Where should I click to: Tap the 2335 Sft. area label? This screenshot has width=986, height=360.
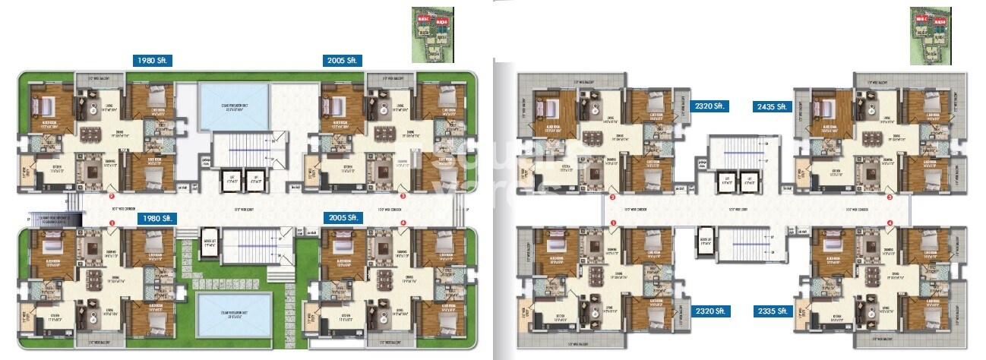pos(774,311)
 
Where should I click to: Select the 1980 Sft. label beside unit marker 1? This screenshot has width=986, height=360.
pos(155,218)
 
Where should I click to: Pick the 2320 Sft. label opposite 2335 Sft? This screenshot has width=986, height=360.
pos(710,311)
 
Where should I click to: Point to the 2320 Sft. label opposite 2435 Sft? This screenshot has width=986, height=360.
pos(710,106)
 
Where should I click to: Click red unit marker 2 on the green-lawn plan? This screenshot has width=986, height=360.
pos(112,187)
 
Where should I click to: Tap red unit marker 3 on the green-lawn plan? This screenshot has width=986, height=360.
pos(403,196)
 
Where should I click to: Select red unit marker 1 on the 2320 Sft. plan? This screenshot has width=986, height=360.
pos(613,223)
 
